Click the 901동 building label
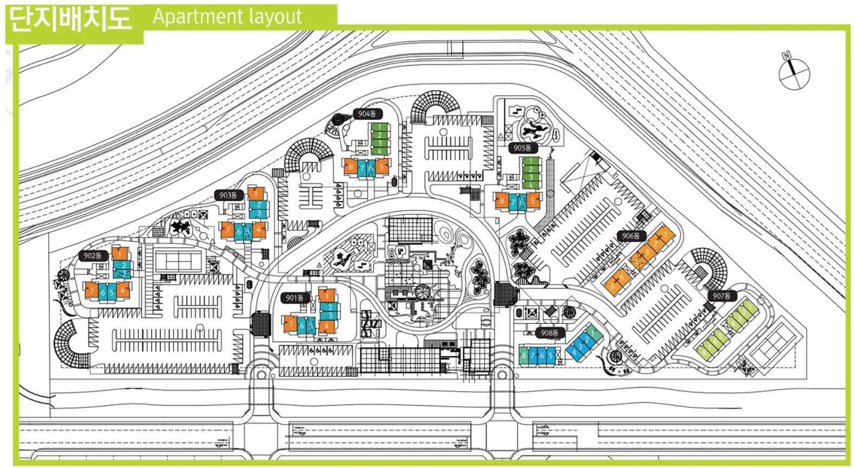(x=295, y=298)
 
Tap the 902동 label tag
(x=93, y=255)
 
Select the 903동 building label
(x=228, y=195)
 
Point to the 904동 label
(x=367, y=114)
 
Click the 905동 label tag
(x=522, y=148)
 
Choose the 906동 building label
(x=631, y=236)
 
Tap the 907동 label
(x=722, y=296)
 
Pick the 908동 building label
(x=550, y=333)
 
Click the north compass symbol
(x=794, y=72)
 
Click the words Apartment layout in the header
(x=227, y=16)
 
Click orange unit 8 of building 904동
(x=350, y=166)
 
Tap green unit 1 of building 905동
(x=531, y=161)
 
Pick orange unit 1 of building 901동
(x=327, y=296)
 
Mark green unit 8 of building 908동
(x=524, y=356)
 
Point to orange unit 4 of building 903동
(x=259, y=229)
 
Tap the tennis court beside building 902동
(x=179, y=260)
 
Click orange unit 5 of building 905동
(x=533, y=201)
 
